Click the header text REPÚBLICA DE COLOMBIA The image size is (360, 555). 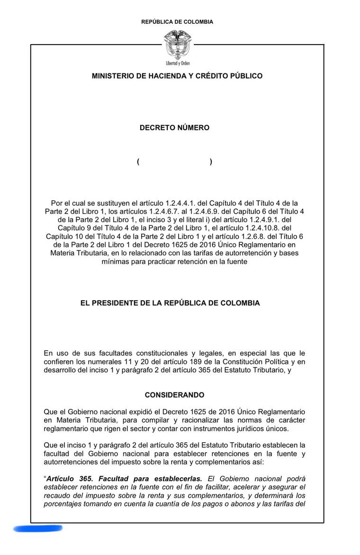[177, 22]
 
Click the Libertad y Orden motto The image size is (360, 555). [177, 63]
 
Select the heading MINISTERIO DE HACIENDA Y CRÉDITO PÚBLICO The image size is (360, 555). [177, 76]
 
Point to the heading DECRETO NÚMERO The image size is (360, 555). [174, 128]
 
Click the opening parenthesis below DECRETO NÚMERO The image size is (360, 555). [138, 162]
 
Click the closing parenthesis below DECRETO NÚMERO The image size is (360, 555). [211, 162]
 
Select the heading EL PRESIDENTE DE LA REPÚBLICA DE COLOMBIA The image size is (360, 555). [170, 303]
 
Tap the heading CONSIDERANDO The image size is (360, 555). [174, 395]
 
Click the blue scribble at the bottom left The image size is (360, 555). [38, 528]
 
